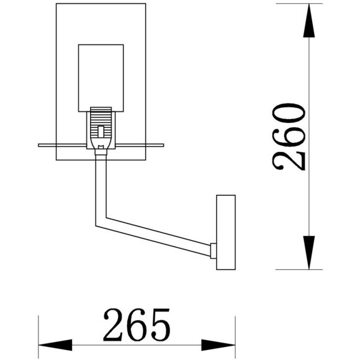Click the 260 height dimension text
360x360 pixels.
pos(289,137)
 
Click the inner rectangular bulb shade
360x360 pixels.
pos(101,74)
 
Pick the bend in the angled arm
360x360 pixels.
pos(100,218)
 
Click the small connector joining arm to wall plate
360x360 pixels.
pos(213,251)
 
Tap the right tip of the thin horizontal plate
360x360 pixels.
pos(164,145)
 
